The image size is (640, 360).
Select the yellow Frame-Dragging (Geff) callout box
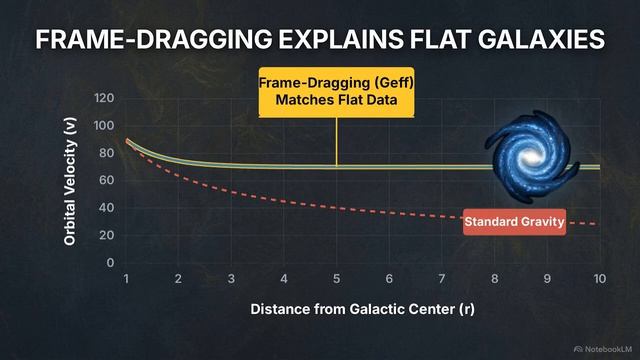336,92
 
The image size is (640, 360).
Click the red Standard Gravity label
514,221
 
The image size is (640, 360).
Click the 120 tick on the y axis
104,98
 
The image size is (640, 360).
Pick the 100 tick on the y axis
104,125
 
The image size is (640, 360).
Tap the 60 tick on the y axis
107,180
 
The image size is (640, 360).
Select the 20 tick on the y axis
107,235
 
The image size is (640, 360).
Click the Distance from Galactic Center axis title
361,308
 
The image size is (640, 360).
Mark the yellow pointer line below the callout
336,141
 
